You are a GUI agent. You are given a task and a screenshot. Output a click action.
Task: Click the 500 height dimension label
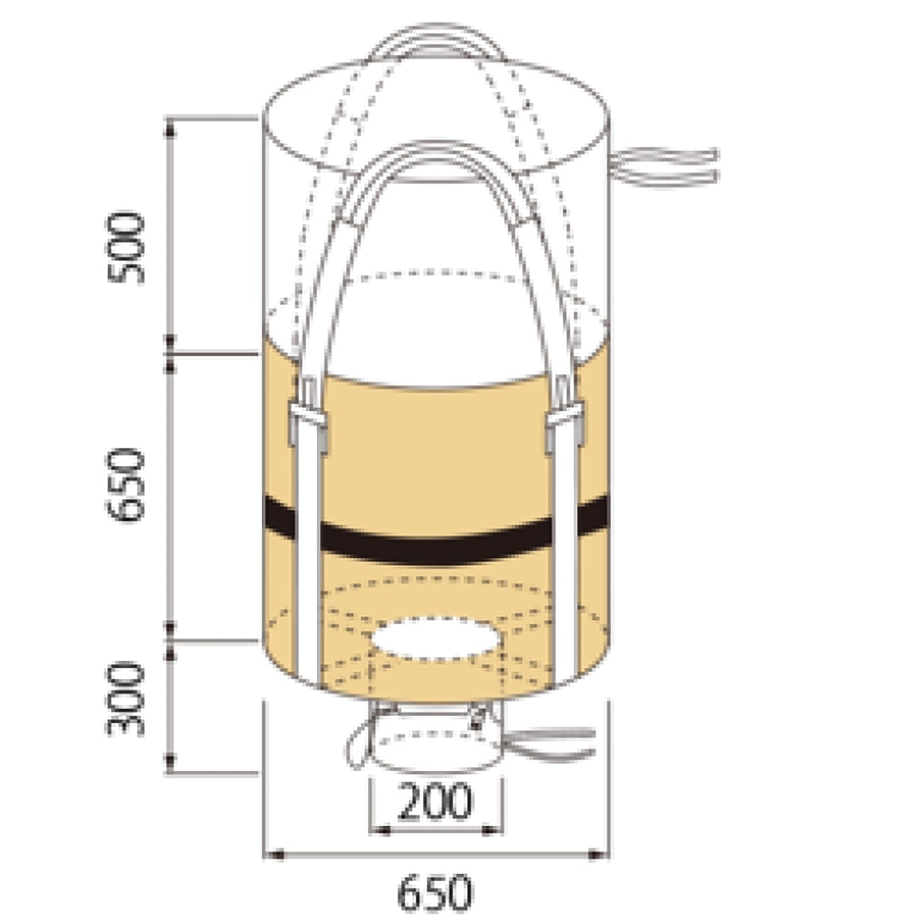125,247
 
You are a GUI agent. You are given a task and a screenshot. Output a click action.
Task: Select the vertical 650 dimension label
125,484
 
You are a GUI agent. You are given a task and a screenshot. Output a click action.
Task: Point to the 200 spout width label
434,801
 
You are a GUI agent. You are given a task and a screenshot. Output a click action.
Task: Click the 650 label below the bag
435,893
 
